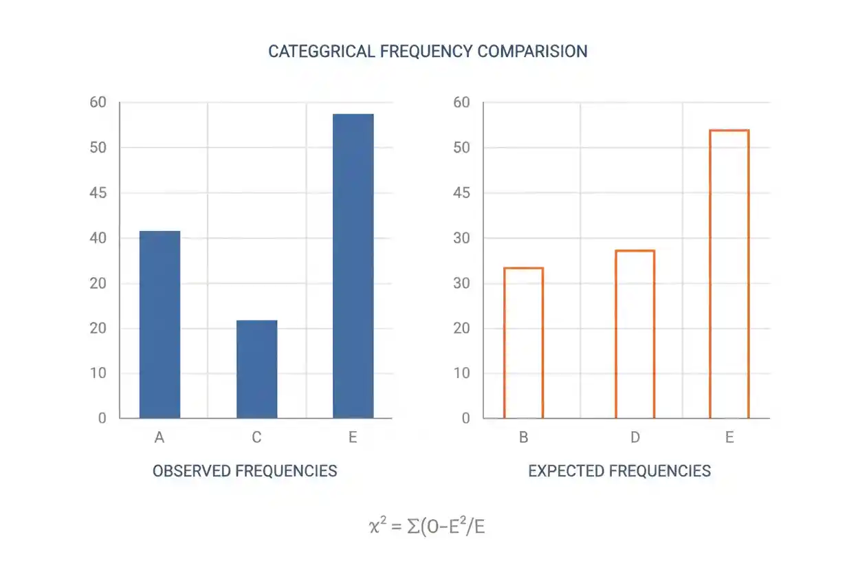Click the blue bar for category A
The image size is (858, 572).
tap(159, 324)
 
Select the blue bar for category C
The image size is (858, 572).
tap(256, 369)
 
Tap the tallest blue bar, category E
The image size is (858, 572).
tap(353, 266)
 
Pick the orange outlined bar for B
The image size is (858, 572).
tap(505, 342)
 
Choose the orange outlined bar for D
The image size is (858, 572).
tap(616, 334)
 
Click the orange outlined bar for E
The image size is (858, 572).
tap(710, 274)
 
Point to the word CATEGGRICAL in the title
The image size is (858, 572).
tap(321, 52)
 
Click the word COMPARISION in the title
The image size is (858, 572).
tap(532, 52)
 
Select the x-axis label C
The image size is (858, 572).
tap(256, 437)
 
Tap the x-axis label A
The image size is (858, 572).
tap(159, 437)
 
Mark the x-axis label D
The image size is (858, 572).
tap(635, 437)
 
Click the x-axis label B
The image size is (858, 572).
tap(524, 437)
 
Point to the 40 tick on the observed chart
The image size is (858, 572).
tap(98, 238)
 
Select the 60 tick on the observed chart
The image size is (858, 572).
tap(98, 102)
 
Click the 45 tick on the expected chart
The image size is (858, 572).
tap(461, 192)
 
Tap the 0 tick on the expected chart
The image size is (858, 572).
tap(465, 418)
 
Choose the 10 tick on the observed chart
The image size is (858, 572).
tap(98, 373)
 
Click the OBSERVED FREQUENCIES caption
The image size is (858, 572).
tap(245, 471)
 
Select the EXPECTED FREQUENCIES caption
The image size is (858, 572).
tap(619, 471)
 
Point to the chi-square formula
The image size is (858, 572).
tap(427, 526)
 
